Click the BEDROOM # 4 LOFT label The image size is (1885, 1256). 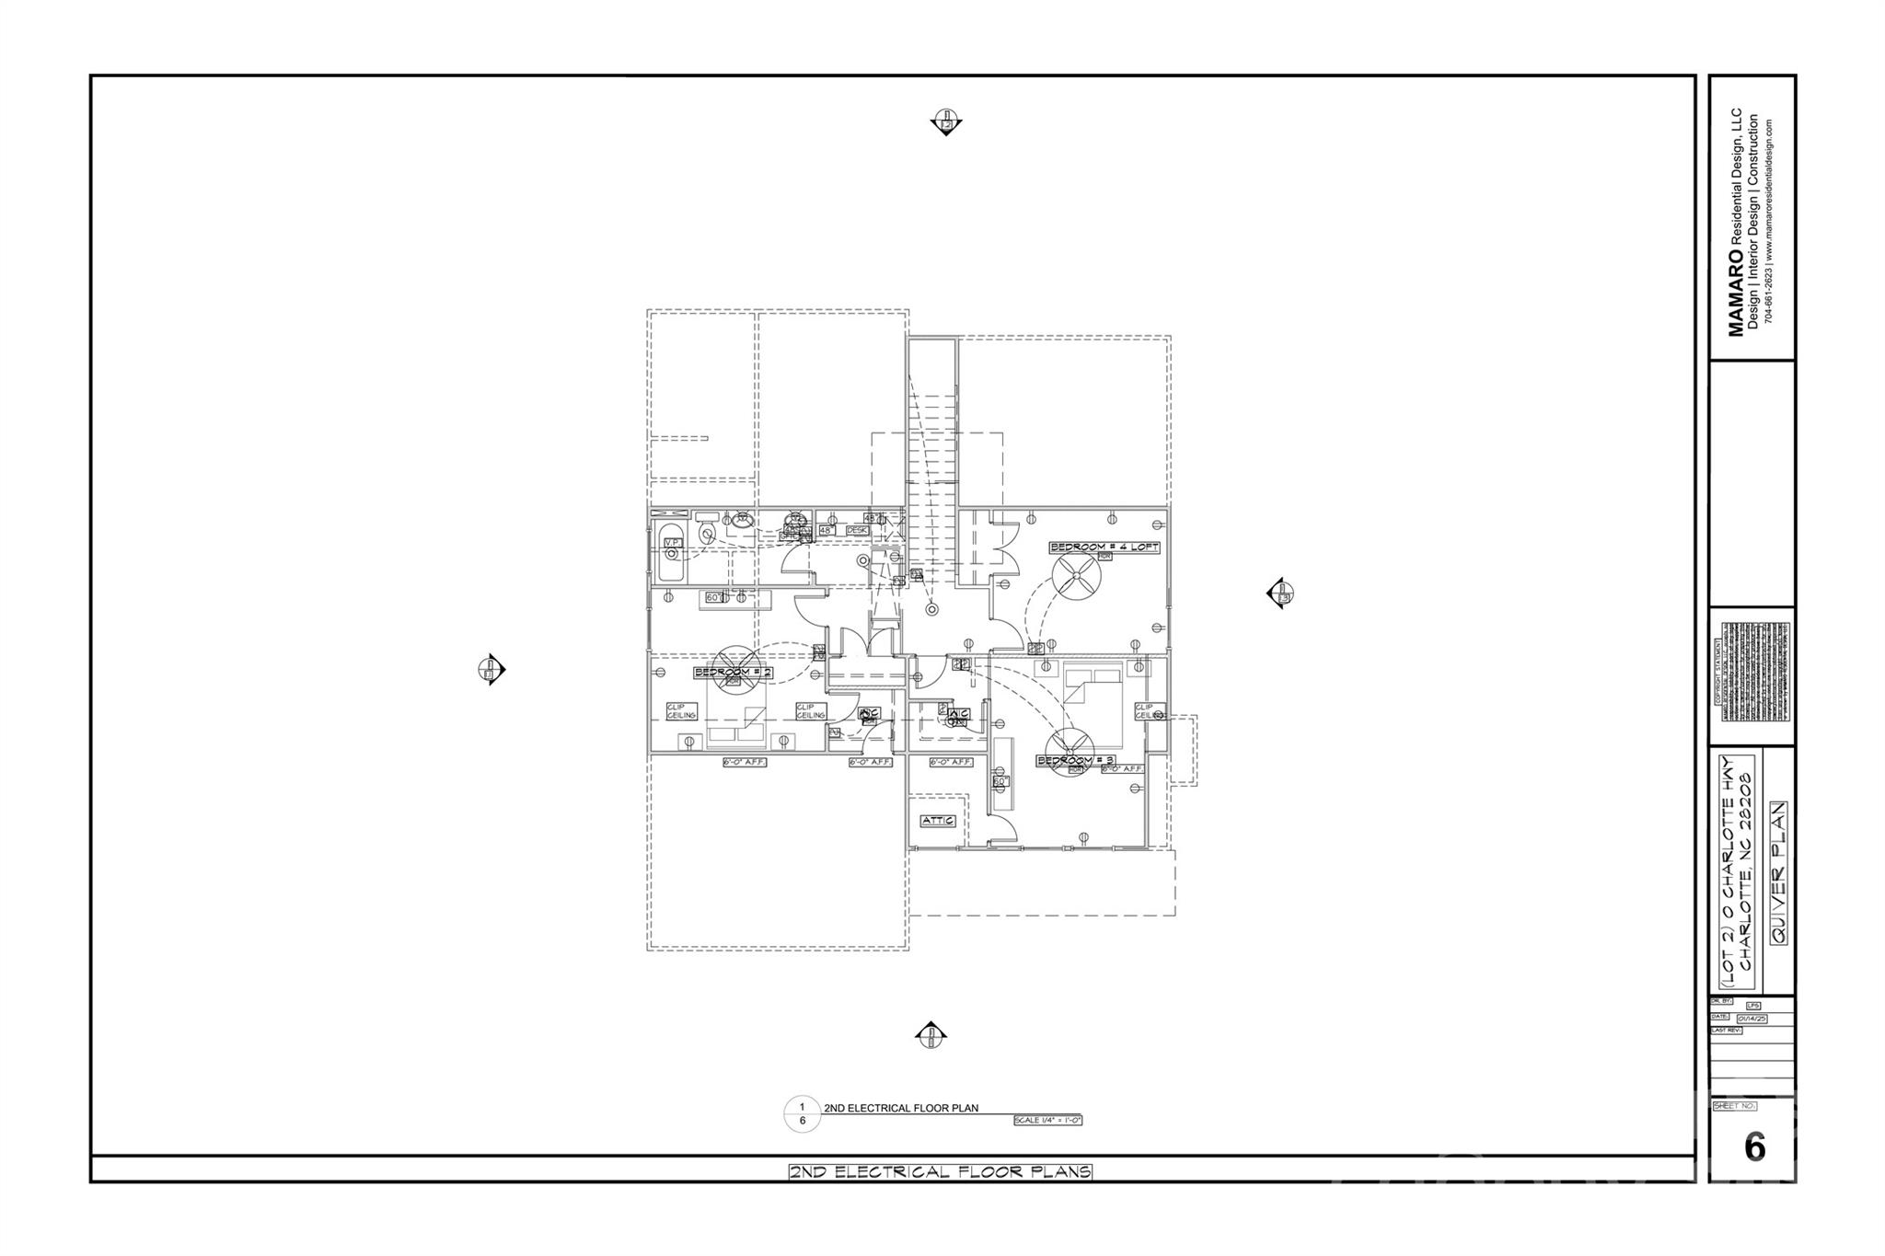[x=1104, y=547]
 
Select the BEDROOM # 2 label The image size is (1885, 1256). [x=733, y=673]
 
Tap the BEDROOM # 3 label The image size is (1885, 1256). [x=1076, y=760]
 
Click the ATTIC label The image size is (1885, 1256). [x=938, y=820]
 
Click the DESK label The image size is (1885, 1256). [x=857, y=530]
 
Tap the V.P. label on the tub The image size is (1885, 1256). [x=673, y=544]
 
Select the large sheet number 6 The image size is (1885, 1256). [x=1754, y=1147]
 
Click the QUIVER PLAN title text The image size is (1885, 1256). [x=1778, y=871]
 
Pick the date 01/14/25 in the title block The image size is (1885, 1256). [x=1751, y=1019]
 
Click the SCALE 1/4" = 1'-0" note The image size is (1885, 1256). [x=1047, y=1121]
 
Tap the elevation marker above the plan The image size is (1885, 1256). [x=946, y=121]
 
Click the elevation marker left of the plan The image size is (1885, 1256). [x=491, y=669]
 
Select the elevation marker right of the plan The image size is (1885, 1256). [x=1280, y=593]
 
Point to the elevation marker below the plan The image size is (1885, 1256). [x=931, y=1036]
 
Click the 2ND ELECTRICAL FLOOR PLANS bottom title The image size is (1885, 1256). [x=940, y=1171]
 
